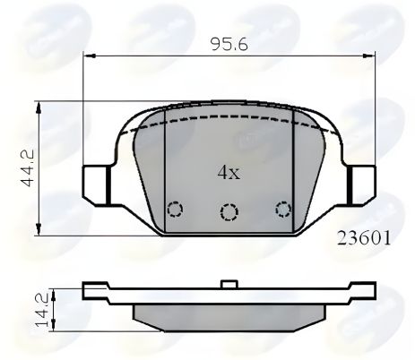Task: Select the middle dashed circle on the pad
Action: tap(230, 212)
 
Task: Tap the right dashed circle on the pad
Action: tap(284, 210)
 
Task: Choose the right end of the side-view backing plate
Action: tap(368, 291)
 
